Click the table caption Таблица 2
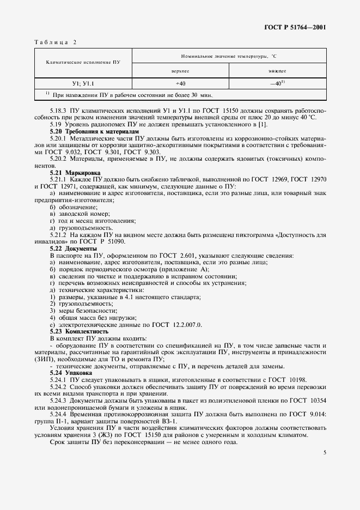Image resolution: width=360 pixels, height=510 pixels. coord(56,42)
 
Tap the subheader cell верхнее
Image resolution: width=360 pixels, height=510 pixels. coord(180,71)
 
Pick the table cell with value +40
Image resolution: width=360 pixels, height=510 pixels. coord(180,83)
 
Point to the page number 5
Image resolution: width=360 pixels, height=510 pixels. coord(325,452)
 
